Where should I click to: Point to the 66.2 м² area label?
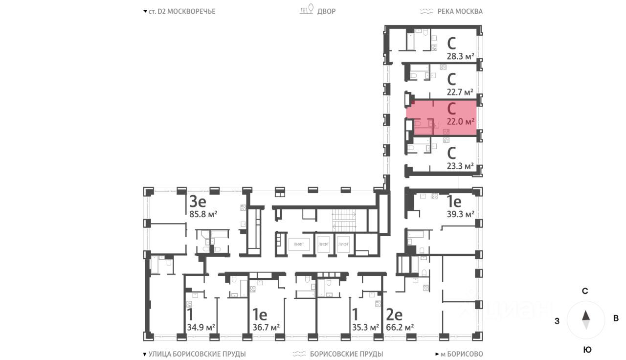coord(400,327)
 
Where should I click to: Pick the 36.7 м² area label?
coord(266,327)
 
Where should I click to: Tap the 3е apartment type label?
coord(198,201)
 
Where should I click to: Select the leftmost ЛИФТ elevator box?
coord(299,243)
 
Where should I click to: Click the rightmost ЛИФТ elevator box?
coord(344,243)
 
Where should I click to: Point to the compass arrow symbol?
coord(586,320)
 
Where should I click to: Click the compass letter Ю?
coord(587,349)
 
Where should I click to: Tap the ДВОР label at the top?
coord(326,11)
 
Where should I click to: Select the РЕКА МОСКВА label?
coord(458,11)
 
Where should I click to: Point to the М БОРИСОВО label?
coord(462,354)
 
